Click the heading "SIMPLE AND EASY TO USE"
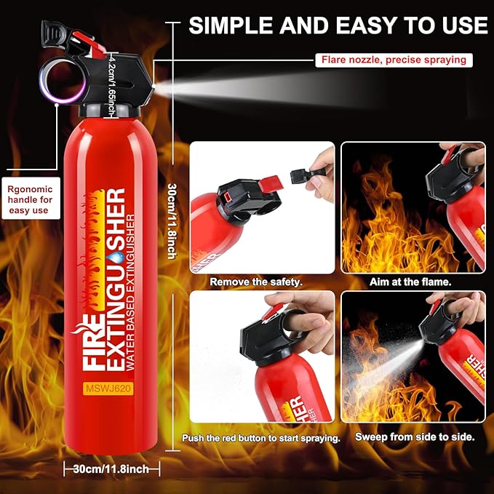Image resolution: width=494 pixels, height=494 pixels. tap(338, 25)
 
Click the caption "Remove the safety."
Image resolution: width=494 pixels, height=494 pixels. tap(256, 280)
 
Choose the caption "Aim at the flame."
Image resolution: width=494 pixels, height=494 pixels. tap(412, 280)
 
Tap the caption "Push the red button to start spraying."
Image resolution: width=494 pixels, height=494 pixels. tap(261, 437)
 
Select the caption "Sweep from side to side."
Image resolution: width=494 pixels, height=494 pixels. tap(411, 437)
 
